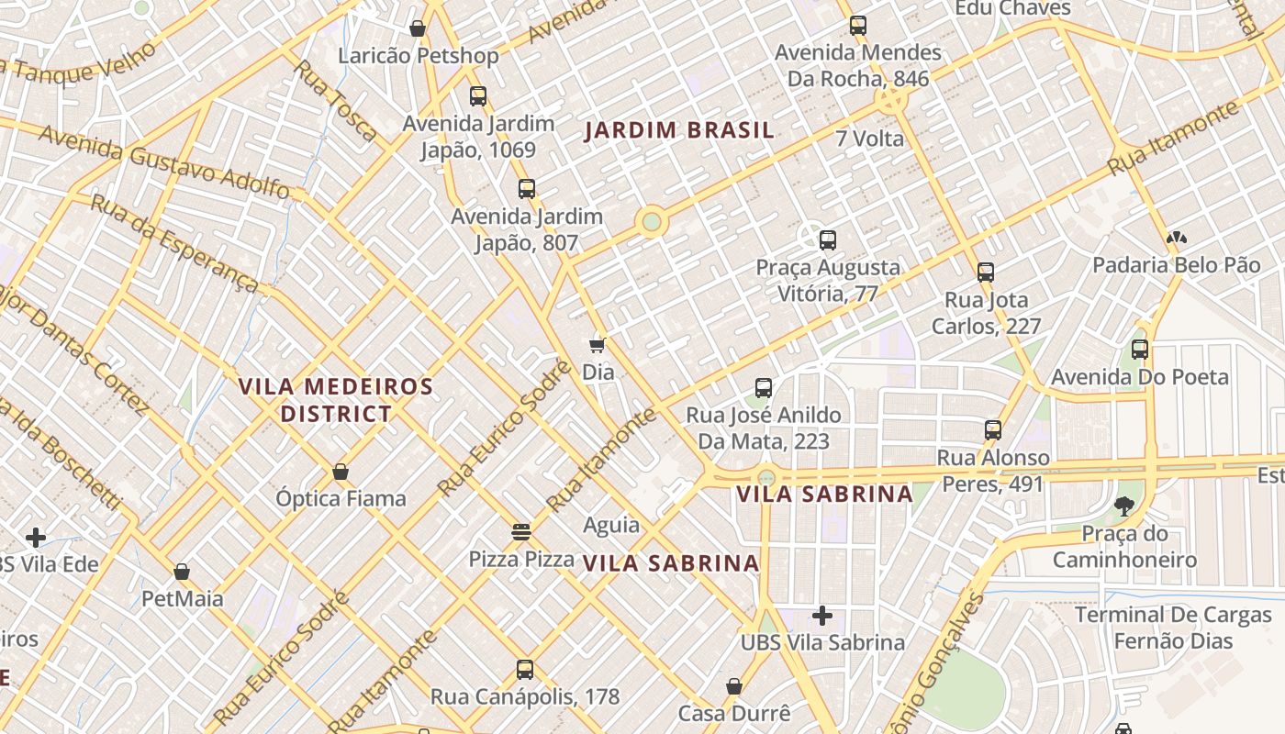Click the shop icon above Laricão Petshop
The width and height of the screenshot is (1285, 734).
click(418, 28)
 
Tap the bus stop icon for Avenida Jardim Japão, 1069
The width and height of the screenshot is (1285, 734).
click(477, 95)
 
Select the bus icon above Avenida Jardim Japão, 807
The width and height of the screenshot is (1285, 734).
click(526, 189)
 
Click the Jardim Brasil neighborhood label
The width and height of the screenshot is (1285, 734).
click(679, 130)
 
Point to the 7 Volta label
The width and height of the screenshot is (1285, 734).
click(869, 139)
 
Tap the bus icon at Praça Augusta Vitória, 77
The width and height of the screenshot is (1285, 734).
click(827, 240)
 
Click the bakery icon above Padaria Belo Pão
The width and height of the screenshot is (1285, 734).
click(1175, 238)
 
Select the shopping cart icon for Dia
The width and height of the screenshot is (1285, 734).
click(598, 345)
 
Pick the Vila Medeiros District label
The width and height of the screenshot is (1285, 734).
click(336, 400)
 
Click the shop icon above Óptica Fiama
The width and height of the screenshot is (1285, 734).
click(341, 472)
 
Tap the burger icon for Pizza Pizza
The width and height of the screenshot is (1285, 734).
click(521, 531)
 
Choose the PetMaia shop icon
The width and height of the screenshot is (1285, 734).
click(182, 572)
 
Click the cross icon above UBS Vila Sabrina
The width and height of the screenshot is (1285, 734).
click(822, 615)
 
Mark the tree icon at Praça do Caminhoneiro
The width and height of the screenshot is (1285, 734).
click(1123, 506)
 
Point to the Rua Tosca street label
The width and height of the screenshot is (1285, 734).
click(335, 101)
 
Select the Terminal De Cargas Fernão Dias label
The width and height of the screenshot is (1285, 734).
click(1173, 628)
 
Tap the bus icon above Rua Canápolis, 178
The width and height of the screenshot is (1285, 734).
click(524, 669)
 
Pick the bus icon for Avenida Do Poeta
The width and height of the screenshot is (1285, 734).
click(1139, 350)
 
